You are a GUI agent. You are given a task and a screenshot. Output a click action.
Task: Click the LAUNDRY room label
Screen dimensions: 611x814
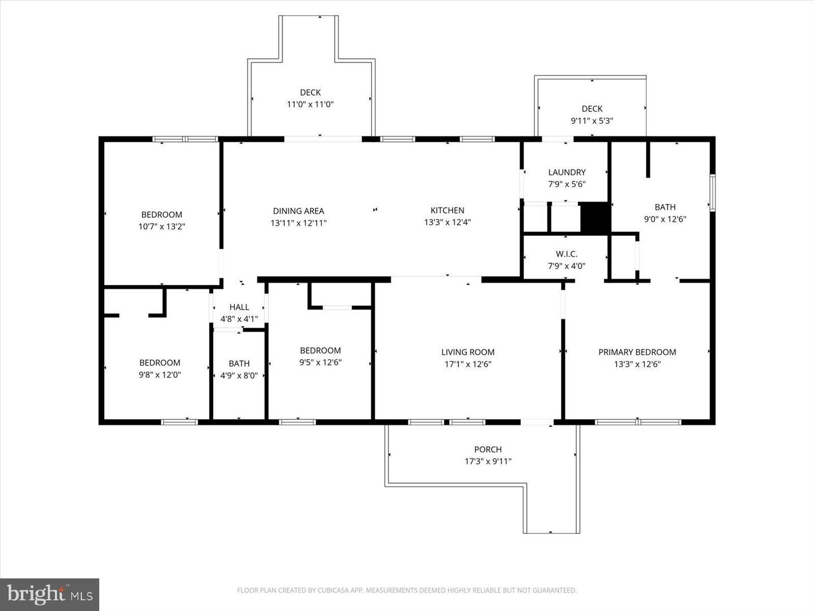pyautogui.click(x=566, y=172)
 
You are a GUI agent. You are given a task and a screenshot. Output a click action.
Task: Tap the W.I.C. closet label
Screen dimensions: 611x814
pyautogui.click(x=566, y=254)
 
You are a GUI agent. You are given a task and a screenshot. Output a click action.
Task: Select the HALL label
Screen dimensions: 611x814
pyautogui.click(x=239, y=307)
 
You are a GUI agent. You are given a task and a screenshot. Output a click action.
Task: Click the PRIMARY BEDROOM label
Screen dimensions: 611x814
pyautogui.click(x=637, y=352)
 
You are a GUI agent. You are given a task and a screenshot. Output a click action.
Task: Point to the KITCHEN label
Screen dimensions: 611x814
pyautogui.click(x=447, y=210)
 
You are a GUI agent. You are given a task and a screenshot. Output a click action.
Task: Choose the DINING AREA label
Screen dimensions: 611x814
pyautogui.click(x=298, y=211)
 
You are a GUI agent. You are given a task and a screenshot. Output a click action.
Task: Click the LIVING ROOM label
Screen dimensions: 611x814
pyautogui.click(x=467, y=352)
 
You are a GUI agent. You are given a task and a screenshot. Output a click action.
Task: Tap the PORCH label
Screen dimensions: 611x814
pyautogui.click(x=488, y=449)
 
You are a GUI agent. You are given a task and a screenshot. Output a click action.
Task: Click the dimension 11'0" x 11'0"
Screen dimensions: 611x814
pyautogui.click(x=310, y=104)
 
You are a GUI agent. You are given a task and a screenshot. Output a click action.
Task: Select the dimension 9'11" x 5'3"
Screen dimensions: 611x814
pyautogui.click(x=592, y=121)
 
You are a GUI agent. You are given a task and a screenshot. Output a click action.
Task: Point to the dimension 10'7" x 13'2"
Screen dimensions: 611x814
pyautogui.click(x=162, y=226)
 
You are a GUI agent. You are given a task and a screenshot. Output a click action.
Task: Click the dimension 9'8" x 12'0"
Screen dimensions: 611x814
pyautogui.click(x=160, y=375)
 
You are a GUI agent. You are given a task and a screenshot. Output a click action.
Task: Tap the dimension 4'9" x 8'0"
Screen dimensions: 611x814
pyautogui.click(x=239, y=375)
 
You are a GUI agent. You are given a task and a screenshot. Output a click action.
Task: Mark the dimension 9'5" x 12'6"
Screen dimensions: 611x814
pyautogui.click(x=321, y=362)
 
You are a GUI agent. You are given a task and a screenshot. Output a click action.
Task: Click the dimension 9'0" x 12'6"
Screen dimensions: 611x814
pyautogui.click(x=665, y=219)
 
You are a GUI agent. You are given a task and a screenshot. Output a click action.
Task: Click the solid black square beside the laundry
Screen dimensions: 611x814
pyautogui.click(x=595, y=218)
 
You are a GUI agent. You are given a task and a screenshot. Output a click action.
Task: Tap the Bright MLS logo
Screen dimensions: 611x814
pyautogui.click(x=50, y=594)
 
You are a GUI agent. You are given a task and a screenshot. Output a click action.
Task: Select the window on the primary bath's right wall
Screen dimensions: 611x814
pyautogui.click(x=712, y=193)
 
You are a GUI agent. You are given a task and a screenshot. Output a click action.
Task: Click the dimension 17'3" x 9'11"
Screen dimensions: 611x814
pyautogui.click(x=488, y=461)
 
